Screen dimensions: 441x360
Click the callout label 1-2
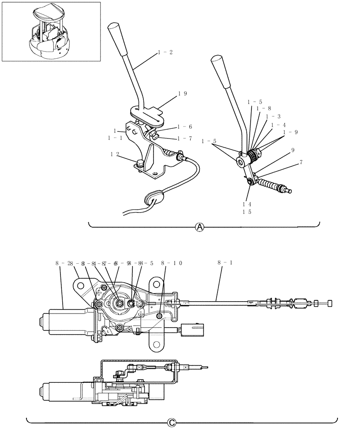pos(165,52)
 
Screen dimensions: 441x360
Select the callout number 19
pos(183,93)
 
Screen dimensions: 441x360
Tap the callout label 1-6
pos(184,127)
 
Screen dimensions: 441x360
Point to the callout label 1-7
pos(184,138)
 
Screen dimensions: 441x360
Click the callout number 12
pos(115,154)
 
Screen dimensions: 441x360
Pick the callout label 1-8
pos(263,108)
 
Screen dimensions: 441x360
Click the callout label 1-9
pos(290,132)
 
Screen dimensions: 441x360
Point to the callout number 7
pos(301,163)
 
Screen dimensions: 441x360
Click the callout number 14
pos(247,204)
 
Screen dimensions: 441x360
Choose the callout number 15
pos(247,212)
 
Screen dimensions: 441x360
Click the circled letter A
pos(200,227)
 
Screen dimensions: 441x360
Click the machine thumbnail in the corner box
pos(51,31)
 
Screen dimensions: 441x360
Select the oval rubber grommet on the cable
pos(153,198)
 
